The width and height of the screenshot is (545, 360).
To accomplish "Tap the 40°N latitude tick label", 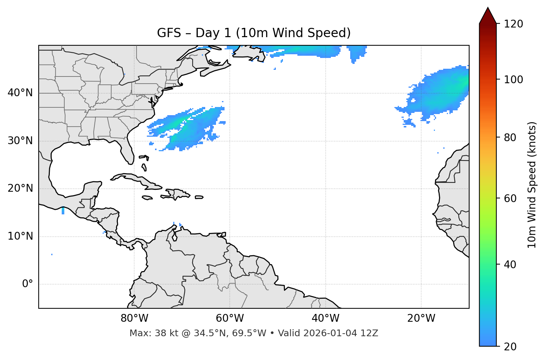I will tap(20, 93).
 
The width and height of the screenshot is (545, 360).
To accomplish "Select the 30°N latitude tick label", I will tap(20, 141).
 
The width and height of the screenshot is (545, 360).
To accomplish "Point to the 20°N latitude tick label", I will tap(20, 188).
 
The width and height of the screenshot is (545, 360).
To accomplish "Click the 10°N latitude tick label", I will tap(20, 236).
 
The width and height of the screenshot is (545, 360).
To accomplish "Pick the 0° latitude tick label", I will tap(27, 284).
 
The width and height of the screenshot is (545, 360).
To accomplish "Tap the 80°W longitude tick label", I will tap(134, 318).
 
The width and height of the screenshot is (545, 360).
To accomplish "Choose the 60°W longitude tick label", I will tap(230, 318).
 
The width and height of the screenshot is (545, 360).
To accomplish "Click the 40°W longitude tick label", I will tap(325, 318).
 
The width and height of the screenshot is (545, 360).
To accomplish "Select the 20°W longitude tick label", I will tap(421, 318).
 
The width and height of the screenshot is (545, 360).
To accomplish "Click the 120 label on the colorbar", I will tap(513, 24).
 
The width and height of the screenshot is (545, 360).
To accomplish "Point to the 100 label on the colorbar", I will tap(513, 80).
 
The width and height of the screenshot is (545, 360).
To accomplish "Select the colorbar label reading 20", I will tap(510, 347).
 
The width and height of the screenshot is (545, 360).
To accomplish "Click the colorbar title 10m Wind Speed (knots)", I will tap(532, 185).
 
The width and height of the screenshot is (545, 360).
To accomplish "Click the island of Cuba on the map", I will tap(134, 178).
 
